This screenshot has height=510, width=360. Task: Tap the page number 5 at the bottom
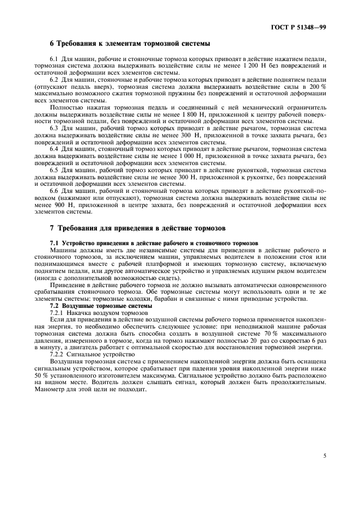click(x=325, y=455)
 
